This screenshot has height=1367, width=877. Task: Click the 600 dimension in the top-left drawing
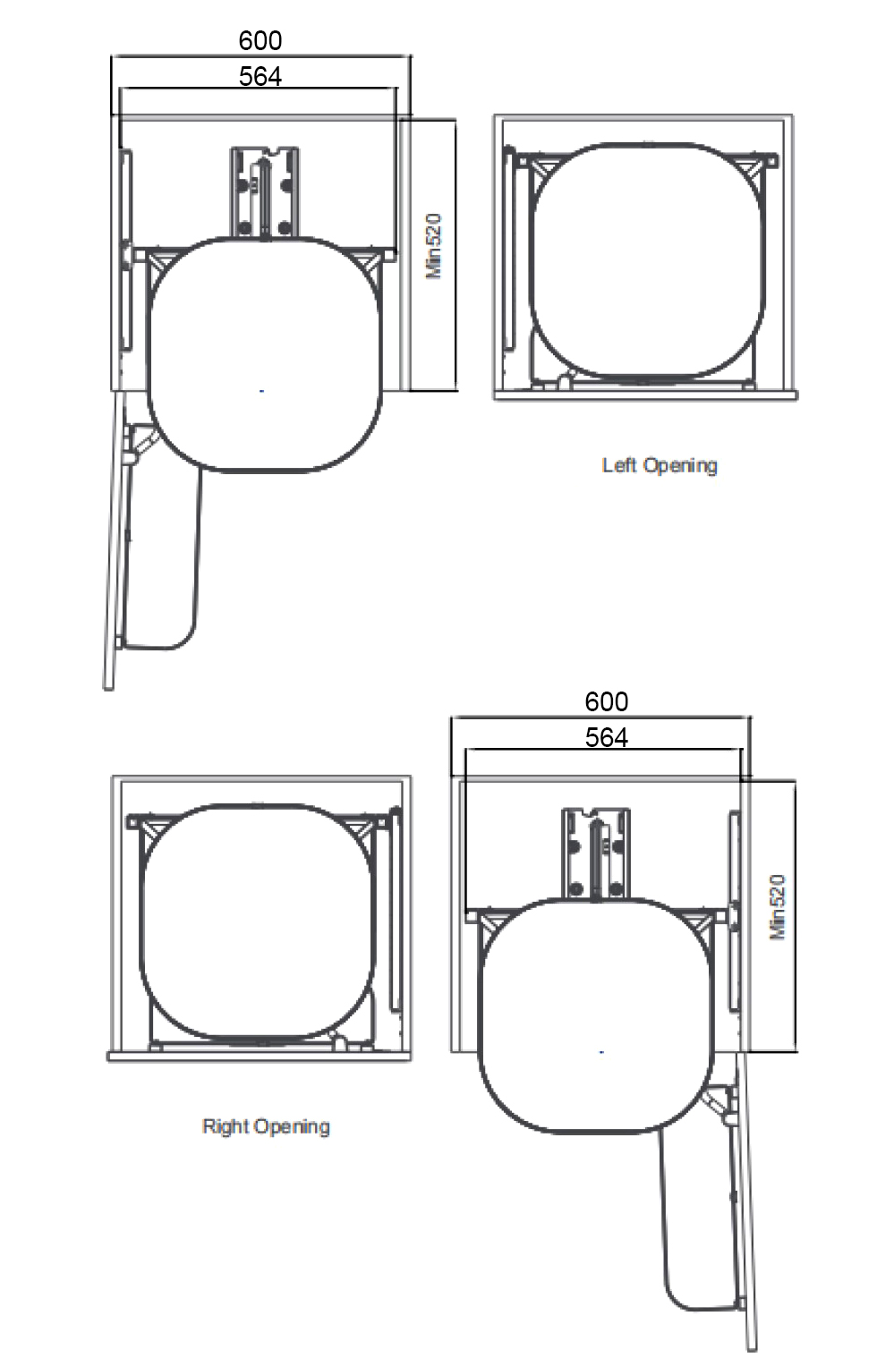click(260, 41)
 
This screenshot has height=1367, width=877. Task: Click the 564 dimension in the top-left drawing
click(260, 77)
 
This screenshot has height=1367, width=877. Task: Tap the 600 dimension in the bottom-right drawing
click(606, 701)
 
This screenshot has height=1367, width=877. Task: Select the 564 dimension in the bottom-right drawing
click(606, 738)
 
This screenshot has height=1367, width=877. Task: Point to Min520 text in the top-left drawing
click(434, 246)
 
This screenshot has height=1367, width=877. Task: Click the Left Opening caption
click(660, 465)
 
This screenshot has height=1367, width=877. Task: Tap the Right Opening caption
click(266, 1126)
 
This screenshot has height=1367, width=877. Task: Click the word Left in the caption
click(619, 465)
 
